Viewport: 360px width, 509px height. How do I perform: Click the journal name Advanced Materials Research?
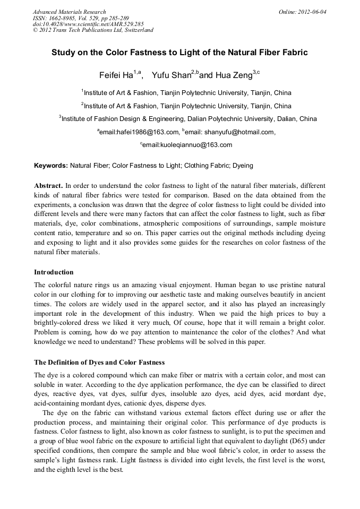[69, 12]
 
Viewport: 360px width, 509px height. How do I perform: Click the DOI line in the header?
[88, 24]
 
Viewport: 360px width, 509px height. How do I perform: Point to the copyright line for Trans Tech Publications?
[93, 30]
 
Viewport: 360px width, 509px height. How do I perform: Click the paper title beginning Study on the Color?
[179, 53]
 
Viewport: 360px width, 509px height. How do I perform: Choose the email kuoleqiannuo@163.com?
[187, 145]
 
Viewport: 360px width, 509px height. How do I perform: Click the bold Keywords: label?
[51, 166]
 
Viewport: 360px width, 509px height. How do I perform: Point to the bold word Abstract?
[48, 186]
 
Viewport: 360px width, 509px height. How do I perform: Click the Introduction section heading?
[54, 272]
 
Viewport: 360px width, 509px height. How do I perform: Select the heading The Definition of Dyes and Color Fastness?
[99, 363]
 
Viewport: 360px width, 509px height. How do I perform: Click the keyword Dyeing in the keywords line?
[242, 166]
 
